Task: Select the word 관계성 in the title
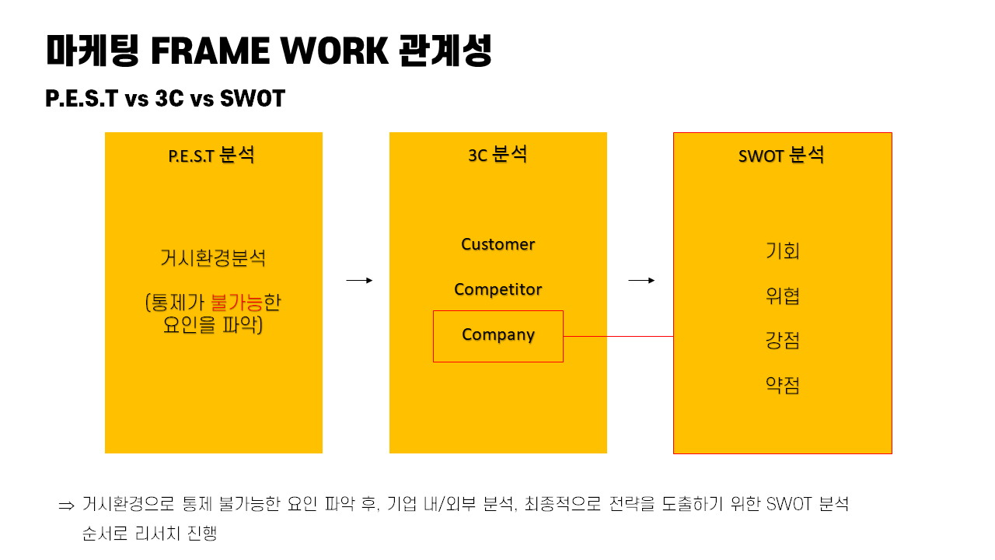point(445,51)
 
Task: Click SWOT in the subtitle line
point(253,100)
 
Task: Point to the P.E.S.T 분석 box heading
point(211,155)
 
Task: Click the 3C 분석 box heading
point(497,154)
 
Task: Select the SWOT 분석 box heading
point(781,155)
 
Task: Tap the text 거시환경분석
point(213,257)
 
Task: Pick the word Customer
point(497,244)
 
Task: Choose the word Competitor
point(497,289)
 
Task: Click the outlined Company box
point(497,336)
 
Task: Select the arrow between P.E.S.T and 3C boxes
point(359,281)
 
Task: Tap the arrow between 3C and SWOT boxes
point(641,281)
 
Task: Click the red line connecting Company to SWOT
point(618,337)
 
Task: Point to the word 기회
point(782,251)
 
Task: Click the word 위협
point(782,296)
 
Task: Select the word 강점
point(782,341)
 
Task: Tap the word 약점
point(782,385)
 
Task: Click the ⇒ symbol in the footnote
point(66,506)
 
